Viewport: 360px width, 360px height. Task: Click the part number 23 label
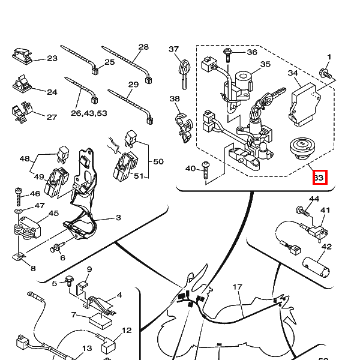[52, 58]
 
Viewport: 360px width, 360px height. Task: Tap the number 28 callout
[143, 47]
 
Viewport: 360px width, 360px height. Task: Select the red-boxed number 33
[319, 178]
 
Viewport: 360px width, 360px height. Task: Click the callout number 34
[293, 73]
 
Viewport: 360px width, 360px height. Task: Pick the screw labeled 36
[229, 54]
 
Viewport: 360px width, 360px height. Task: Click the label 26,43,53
[89, 113]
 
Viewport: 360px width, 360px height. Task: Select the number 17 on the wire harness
[237, 287]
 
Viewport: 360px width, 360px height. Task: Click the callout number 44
[314, 199]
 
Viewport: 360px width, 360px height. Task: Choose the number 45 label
[53, 213]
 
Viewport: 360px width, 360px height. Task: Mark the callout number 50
[158, 161]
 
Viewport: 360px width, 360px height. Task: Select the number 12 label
[127, 330]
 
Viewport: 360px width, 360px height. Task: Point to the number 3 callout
[118, 217]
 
